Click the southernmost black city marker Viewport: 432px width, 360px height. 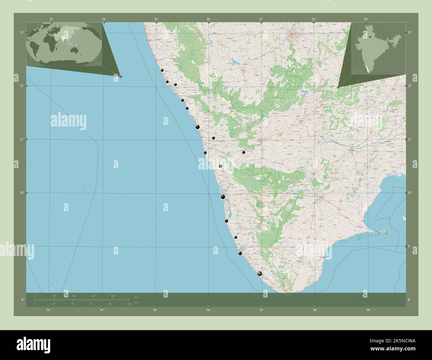[260, 274]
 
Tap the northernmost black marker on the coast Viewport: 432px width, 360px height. [162, 70]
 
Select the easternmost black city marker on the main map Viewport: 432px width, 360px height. [244, 152]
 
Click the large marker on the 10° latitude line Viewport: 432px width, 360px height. [223, 197]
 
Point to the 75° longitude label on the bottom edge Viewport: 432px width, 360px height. [155, 310]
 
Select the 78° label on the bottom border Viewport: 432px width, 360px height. [315, 310]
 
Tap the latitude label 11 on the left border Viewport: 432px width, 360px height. [21, 139]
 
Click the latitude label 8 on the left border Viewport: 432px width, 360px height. [22, 300]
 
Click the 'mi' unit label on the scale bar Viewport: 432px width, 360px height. [136, 303]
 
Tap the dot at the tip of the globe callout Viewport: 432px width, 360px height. [120, 76]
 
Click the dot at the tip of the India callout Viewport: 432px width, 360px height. [338, 87]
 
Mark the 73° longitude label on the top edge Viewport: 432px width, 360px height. [51, 19]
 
